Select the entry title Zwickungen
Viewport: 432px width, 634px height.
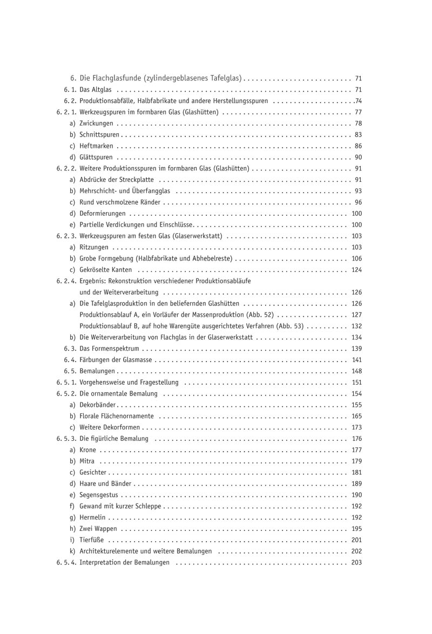(96, 124)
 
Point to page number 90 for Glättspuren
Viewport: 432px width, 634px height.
(358, 158)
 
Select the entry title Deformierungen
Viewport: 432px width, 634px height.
(103, 214)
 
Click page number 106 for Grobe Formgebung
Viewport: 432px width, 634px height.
(356, 259)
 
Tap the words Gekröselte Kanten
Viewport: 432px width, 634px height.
(106, 270)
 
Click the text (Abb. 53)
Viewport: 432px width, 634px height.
(289, 326)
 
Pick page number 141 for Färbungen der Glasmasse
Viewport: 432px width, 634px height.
(356, 360)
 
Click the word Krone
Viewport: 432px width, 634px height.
(88, 450)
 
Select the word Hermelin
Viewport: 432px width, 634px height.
(92, 517)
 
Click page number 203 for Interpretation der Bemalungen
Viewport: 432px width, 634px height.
(356, 563)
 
